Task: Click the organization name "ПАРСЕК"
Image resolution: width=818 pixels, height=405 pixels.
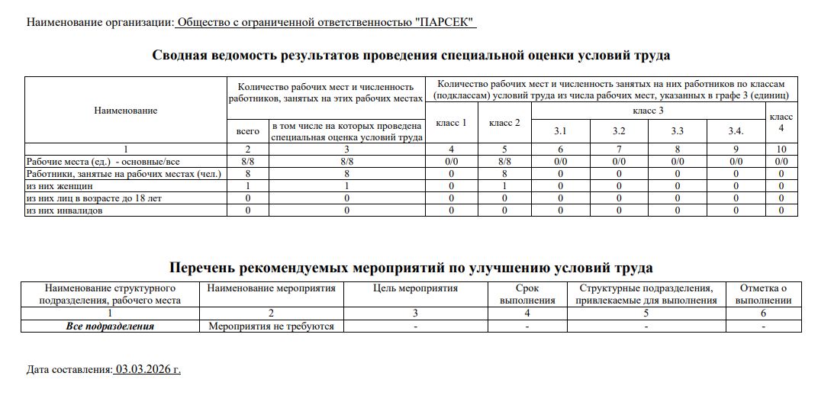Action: click(445, 22)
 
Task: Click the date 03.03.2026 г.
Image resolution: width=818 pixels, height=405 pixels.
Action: click(148, 370)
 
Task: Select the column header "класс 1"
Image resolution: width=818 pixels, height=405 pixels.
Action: click(451, 123)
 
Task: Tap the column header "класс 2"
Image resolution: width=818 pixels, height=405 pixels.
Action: click(504, 123)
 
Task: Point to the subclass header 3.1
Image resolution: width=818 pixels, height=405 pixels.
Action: click(560, 131)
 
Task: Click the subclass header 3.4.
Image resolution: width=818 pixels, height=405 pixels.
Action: click(736, 131)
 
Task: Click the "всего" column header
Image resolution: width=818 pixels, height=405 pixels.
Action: click(248, 131)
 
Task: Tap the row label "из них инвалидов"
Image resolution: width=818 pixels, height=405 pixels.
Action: click(64, 210)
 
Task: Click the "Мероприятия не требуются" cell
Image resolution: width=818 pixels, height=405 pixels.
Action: click(272, 326)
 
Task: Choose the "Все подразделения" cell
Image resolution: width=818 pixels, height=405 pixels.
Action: click(110, 326)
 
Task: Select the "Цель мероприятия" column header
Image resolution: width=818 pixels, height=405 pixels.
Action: click(416, 288)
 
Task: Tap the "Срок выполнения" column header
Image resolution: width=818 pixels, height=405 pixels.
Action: click(527, 294)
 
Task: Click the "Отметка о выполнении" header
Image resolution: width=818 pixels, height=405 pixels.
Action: click(763, 294)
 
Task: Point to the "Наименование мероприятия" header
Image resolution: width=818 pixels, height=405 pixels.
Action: click(272, 288)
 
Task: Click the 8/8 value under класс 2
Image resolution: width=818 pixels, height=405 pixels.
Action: click(504, 162)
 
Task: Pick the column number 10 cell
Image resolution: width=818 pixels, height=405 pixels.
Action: click(781, 149)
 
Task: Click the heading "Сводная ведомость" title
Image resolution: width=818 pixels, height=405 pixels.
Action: click(411, 55)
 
